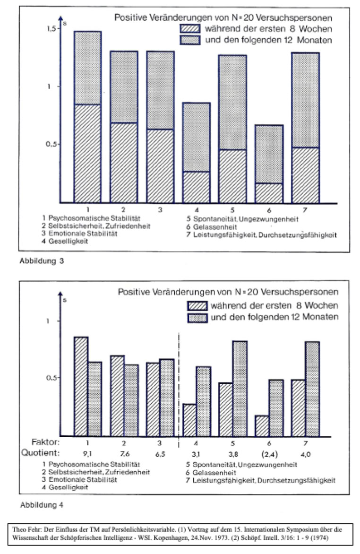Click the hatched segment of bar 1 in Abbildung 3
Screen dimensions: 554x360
pyautogui.click(x=87, y=153)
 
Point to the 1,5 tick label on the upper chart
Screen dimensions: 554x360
pyautogui.click(x=51, y=29)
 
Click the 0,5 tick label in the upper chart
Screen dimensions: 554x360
pyautogui.click(x=51, y=144)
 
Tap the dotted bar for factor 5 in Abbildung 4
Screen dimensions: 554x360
pyautogui.click(x=240, y=388)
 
